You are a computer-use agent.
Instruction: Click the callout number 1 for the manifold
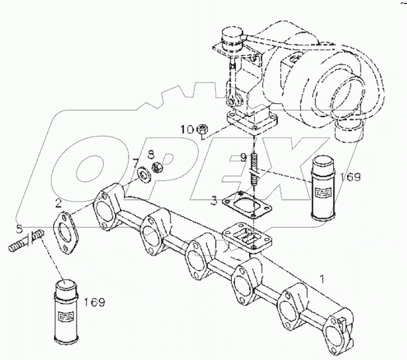[324, 277]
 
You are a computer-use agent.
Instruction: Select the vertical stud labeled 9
[254, 171]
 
